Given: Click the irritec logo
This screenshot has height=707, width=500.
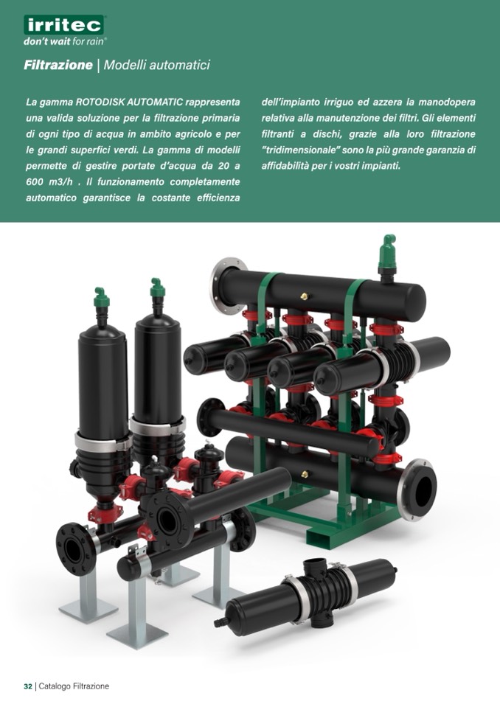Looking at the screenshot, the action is [63, 25].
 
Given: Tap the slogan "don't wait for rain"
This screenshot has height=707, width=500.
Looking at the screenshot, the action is [65, 41].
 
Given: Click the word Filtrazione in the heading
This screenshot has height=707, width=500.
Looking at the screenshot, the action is [58, 65].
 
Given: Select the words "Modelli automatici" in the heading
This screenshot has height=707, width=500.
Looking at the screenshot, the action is [157, 65].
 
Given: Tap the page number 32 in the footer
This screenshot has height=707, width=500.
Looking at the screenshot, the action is [28, 686].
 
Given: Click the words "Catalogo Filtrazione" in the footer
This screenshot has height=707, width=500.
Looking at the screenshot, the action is [74, 686].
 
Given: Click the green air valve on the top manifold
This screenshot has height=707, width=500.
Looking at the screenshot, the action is [387, 252].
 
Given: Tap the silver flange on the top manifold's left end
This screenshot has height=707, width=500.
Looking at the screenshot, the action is [229, 286].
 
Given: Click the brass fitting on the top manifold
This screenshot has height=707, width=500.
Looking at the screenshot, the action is [305, 296].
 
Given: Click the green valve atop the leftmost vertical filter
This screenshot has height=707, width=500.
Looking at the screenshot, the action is [102, 298].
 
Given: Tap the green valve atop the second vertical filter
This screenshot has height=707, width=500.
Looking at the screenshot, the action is [157, 288].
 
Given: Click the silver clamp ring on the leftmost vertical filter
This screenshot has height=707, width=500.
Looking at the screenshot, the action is [103, 442].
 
